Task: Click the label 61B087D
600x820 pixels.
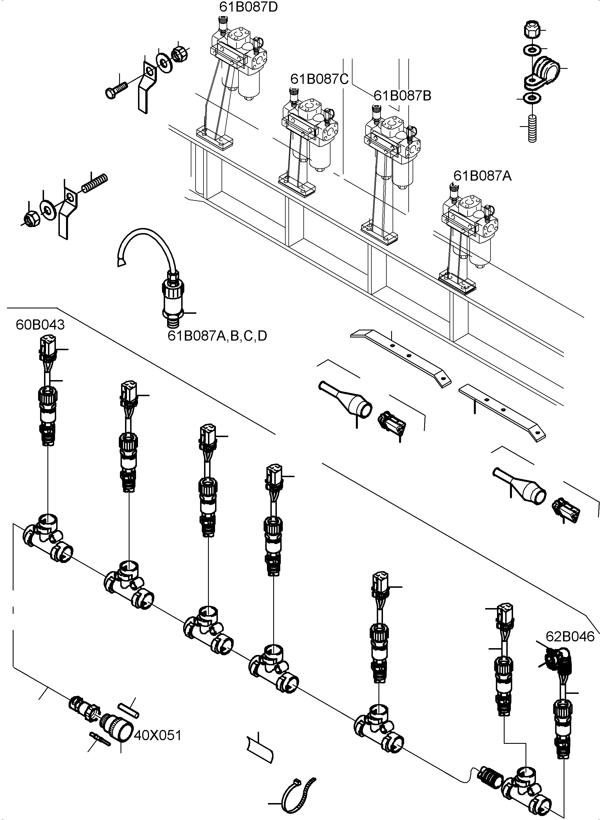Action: coord(248,6)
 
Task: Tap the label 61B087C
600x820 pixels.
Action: coord(319,79)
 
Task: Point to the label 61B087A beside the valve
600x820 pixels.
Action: coord(482,176)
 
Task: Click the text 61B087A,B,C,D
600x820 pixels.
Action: coord(217,336)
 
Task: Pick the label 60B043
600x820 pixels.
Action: coord(40,325)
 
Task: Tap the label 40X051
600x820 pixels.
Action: coord(157,736)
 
